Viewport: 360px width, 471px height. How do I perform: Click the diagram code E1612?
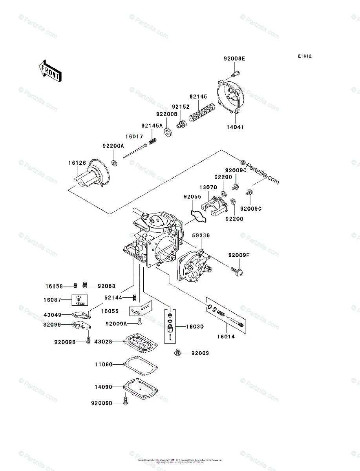pyautogui.click(x=304, y=57)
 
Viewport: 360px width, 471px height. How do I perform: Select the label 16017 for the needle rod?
pyautogui.click(x=134, y=137)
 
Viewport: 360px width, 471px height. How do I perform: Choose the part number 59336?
pyautogui.click(x=201, y=235)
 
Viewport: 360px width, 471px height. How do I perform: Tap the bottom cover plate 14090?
pyautogui.click(x=140, y=389)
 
